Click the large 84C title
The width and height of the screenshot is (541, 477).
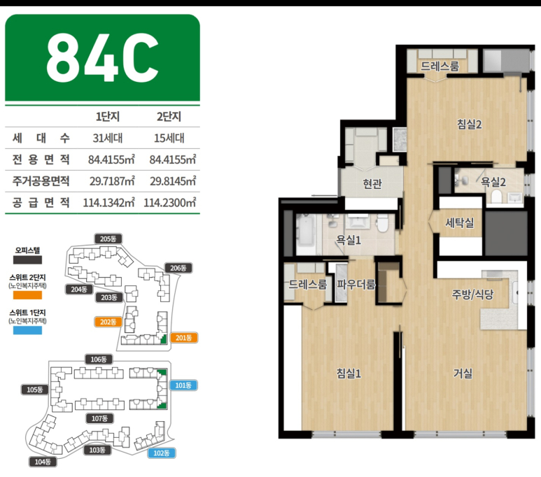coord(102,57)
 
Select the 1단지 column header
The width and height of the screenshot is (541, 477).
coord(108,117)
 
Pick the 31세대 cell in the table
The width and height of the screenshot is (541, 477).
coord(108,138)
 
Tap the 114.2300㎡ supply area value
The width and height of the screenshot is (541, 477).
coord(170,202)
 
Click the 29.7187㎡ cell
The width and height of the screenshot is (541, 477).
coord(112,181)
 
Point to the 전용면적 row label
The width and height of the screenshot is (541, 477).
coord(41,159)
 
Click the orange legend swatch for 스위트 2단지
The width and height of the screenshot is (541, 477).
coord(27,295)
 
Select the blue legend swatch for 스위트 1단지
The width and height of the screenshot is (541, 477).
coord(27,330)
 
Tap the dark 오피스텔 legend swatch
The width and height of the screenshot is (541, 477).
coord(27,259)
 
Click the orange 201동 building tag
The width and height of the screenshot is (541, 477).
coord(183,338)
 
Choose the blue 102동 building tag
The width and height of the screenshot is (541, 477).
coord(162,453)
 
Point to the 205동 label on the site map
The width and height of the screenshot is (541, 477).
coord(108,239)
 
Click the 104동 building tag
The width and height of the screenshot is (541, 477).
coord(43,462)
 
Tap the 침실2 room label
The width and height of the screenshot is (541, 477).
coord(469,124)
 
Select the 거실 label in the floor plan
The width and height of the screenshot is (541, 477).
coord(463,373)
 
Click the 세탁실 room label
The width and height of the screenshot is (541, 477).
coord(460,223)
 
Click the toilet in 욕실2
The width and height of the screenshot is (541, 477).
coord(496,197)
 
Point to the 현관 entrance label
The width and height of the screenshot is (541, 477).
coord(372,183)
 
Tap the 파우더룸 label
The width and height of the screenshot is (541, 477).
coord(356,285)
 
